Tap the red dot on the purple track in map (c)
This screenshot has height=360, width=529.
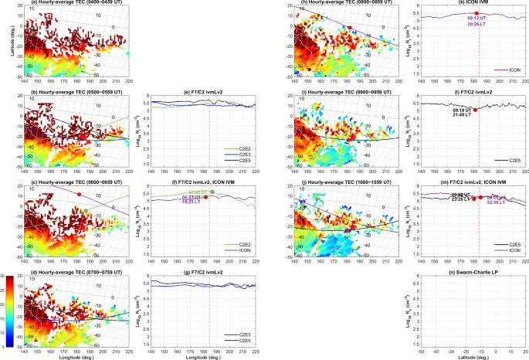coord(78,195)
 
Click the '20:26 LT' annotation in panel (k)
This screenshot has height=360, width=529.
coord(476,25)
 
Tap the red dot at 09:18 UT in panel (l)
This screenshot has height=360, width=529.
coord(476,110)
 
